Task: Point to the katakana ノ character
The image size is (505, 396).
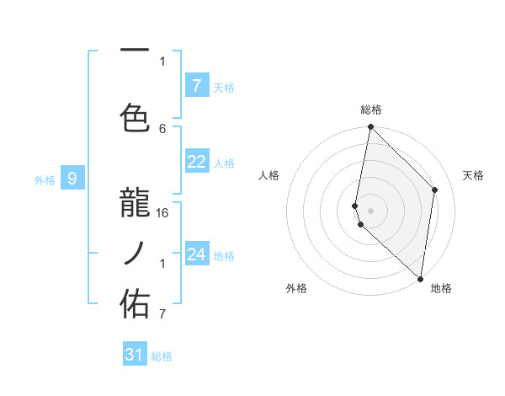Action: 136,253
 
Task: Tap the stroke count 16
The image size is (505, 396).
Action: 163,212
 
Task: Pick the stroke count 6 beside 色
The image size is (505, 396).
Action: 162,128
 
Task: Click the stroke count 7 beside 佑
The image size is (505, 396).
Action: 162,314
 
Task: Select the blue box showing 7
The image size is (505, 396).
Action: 196,85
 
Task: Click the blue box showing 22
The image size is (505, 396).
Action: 196,162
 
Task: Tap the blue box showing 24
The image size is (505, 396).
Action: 196,254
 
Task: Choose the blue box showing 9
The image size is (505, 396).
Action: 72,178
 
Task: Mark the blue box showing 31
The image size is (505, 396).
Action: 135,355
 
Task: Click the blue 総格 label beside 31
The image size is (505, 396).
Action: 162,356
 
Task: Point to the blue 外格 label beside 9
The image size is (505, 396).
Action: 45,179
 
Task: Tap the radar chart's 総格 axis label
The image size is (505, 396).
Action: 371,110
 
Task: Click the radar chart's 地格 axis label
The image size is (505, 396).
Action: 441,288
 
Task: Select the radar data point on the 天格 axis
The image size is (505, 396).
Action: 435,190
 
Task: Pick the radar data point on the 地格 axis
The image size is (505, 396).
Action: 420,279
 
